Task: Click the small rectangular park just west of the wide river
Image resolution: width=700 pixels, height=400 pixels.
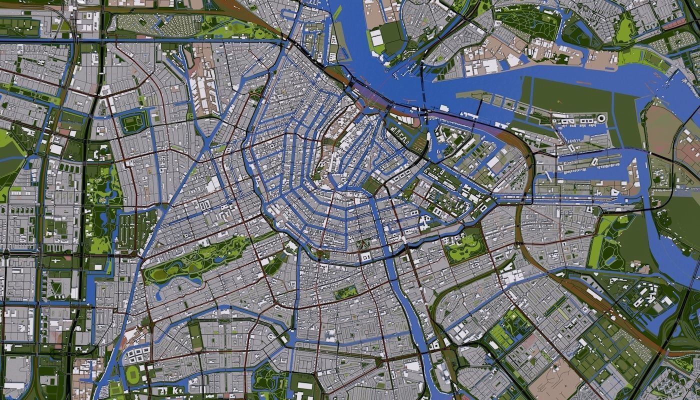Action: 346,292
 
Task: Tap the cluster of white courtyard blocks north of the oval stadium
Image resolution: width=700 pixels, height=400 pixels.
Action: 136,355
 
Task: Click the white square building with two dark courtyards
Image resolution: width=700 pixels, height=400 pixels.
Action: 365,257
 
